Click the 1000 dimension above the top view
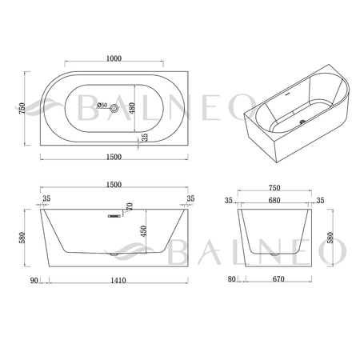point(114,58)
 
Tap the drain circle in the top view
point(114,108)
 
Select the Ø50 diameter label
point(102,105)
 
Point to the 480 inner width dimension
point(132,108)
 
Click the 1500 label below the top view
point(114,157)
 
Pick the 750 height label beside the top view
point(22,108)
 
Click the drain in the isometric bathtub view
point(302,122)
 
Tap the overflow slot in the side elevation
point(114,216)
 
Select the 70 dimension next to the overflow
point(130,206)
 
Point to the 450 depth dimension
point(143,231)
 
